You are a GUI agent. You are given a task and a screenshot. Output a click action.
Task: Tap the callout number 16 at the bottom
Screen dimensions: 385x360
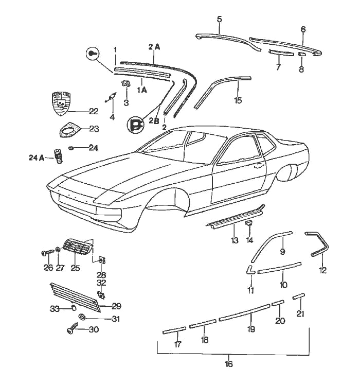[229, 364]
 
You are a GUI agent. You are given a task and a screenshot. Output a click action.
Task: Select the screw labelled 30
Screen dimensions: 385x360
[73, 329]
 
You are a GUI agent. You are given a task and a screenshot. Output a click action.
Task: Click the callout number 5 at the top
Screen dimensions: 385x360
[219, 20]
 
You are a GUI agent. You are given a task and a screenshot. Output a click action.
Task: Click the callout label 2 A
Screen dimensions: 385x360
[154, 47]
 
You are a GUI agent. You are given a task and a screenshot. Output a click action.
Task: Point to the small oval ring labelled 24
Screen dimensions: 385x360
[72, 148]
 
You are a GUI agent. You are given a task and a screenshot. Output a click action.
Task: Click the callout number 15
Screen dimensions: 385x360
[237, 100]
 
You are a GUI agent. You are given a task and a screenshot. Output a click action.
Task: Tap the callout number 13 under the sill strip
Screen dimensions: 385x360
[235, 240]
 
